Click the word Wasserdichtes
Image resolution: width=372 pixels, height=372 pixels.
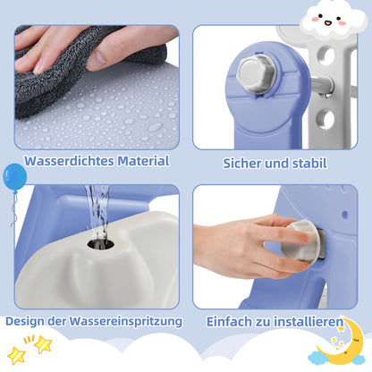[70, 161]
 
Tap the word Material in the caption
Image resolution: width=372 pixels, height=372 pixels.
[143, 161]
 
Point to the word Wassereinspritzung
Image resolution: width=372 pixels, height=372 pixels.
[126, 322]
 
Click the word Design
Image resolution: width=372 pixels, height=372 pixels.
[26, 322]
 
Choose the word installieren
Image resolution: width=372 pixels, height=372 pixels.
[309, 322]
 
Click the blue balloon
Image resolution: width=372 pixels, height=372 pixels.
[15, 177]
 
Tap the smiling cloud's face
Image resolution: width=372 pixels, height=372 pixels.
[333, 21]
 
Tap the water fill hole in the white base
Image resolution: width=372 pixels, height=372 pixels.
[101, 244]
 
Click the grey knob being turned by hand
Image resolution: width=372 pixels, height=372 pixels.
[300, 241]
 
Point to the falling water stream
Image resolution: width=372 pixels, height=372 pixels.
[97, 212]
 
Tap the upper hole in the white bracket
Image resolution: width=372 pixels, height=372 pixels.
[325, 56]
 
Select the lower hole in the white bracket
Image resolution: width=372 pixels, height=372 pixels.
[325, 120]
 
